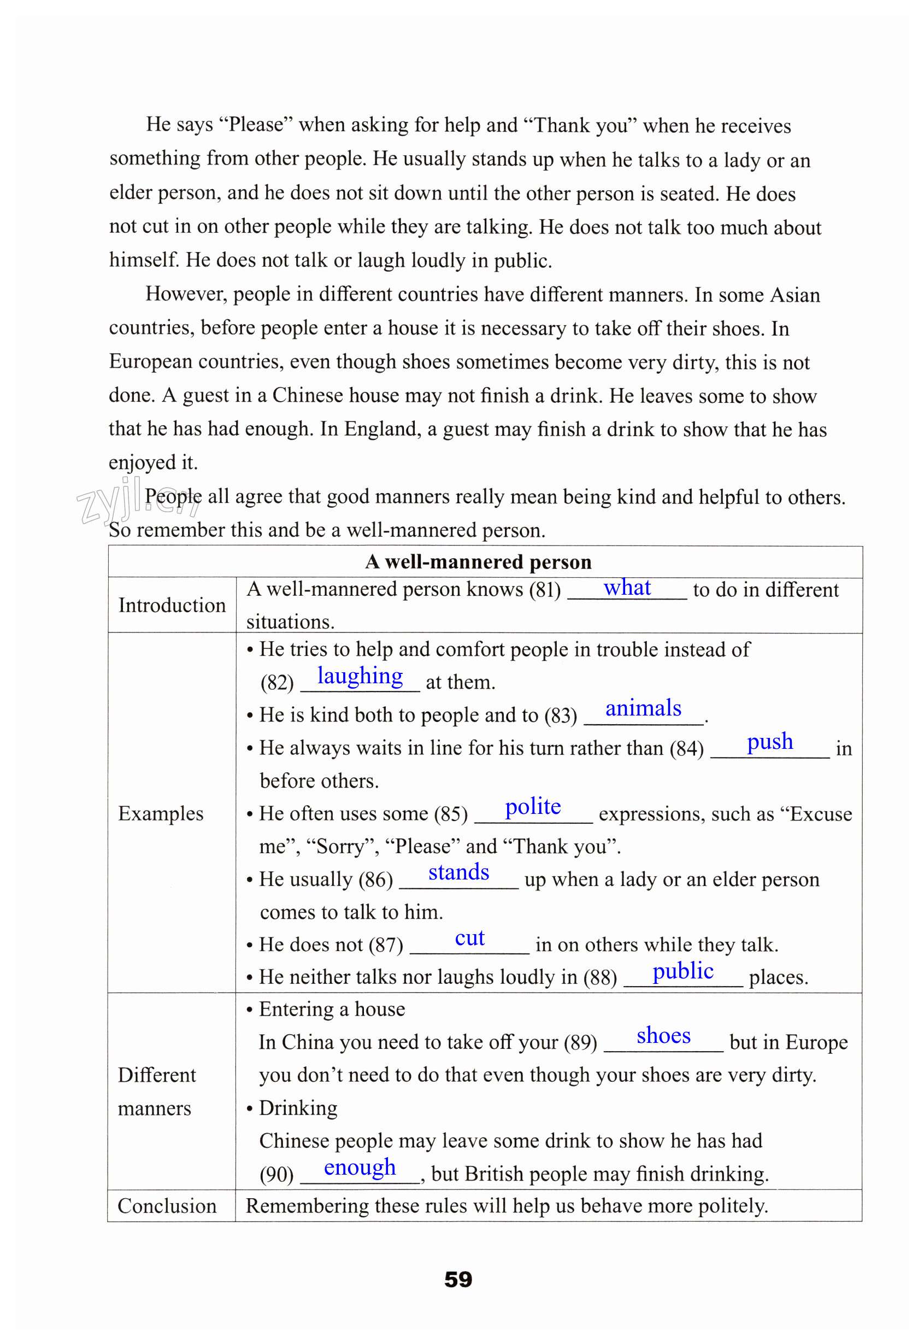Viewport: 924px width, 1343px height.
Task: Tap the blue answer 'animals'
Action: (x=643, y=708)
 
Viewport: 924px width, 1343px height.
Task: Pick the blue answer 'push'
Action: (x=769, y=741)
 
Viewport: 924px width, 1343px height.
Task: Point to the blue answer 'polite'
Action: (x=533, y=806)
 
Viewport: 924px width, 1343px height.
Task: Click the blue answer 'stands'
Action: (x=458, y=872)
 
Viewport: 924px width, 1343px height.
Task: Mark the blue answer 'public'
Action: (x=682, y=971)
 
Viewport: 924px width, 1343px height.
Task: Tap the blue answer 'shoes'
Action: (x=663, y=1035)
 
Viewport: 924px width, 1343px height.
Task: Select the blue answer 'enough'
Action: (x=360, y=1168)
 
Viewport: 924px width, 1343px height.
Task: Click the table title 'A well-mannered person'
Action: (x=478, y=562)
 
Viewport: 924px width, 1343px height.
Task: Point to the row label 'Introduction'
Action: (x=172, y=605)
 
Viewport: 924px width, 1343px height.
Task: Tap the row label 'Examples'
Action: (x=161, y=813)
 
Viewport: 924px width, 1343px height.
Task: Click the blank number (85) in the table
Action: (x=450, y=814)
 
